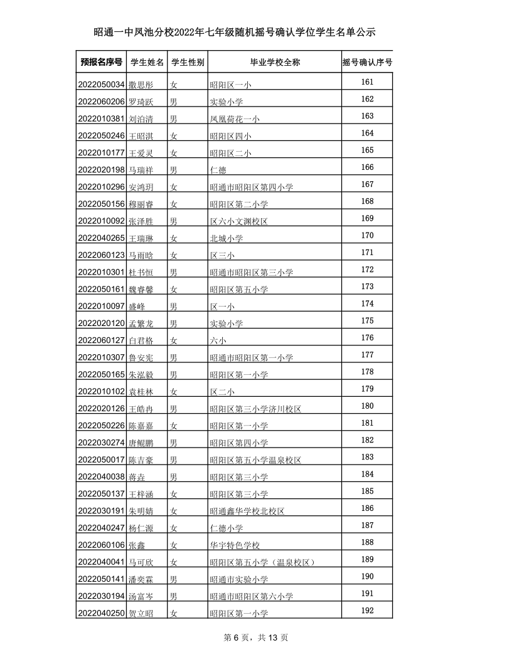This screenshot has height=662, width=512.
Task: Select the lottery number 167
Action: pos(368,184)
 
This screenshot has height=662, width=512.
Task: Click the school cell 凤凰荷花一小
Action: pos(235,118)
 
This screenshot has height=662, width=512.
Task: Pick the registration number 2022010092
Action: pos(101,221)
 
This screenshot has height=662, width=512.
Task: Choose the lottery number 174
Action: pos(368,303)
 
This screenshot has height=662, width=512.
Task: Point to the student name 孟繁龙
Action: pos(141,323)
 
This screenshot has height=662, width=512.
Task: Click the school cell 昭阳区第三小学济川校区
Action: pos(255,409)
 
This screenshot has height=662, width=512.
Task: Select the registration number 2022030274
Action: pos(101,443)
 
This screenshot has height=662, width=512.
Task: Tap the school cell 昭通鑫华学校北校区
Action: pos(247,511)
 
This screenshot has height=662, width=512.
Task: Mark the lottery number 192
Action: pos(368,611)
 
